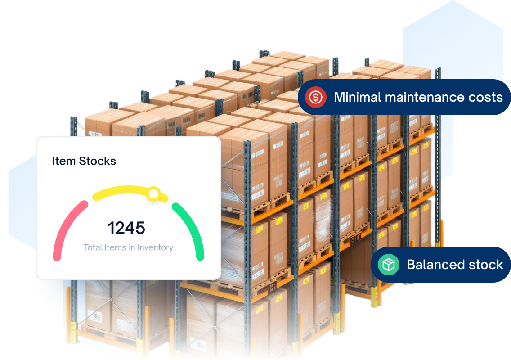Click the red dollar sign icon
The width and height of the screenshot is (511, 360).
click(315, 97)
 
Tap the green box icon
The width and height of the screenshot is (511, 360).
click(388, 265)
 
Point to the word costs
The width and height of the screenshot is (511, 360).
click(485, 97)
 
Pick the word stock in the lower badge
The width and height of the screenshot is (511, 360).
click(485, 265)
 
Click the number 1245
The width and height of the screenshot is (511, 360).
click(126, 228)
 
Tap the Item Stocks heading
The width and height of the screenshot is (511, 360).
click(84, 161)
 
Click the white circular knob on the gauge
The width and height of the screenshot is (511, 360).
click(153, 194)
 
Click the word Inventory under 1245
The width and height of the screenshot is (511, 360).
click(155, 247)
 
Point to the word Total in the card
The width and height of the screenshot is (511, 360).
click(93, 247)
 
